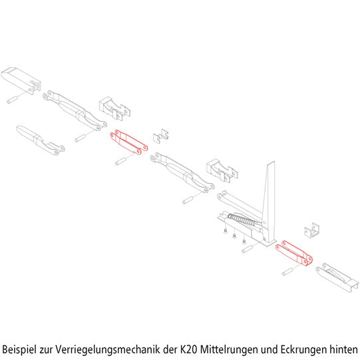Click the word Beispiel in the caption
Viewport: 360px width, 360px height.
[x=19, y=349]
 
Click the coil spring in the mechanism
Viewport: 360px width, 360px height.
[x=242, y=220]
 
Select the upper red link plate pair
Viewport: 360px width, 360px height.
[x=129, y=142]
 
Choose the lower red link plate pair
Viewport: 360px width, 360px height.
[x=294, y=254]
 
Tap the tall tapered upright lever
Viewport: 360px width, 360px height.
[x=269, y=202]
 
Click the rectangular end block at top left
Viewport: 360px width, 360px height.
[x=21, y=81]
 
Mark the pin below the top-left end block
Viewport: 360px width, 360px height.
[x=12, y=100]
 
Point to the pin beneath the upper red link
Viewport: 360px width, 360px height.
[x=120, y=161]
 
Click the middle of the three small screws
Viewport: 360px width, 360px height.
[x=234, y=236]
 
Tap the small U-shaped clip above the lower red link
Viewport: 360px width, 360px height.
[x=311, y=230]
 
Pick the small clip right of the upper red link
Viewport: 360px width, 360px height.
[x=161, y=136]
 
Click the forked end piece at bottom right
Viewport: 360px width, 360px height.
[x=337, y=277]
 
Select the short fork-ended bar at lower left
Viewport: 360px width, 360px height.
[x=40, y=140]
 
